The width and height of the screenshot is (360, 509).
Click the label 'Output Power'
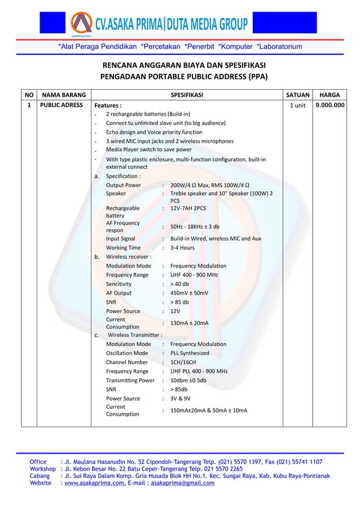pyautogui.click(x=124, y=185)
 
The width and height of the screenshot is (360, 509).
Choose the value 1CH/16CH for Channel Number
pyautogui.click(x=183, y=362)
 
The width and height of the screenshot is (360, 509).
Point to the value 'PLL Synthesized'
pyautogui.click(x=190, y=353)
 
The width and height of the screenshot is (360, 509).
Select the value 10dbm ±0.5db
pyautogui.click(x=188, y=380)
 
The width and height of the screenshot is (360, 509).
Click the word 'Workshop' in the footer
pyautogui.click(x=42, y=468)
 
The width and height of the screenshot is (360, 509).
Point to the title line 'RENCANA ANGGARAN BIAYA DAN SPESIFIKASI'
pyautogui.click(x=184, y=64)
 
